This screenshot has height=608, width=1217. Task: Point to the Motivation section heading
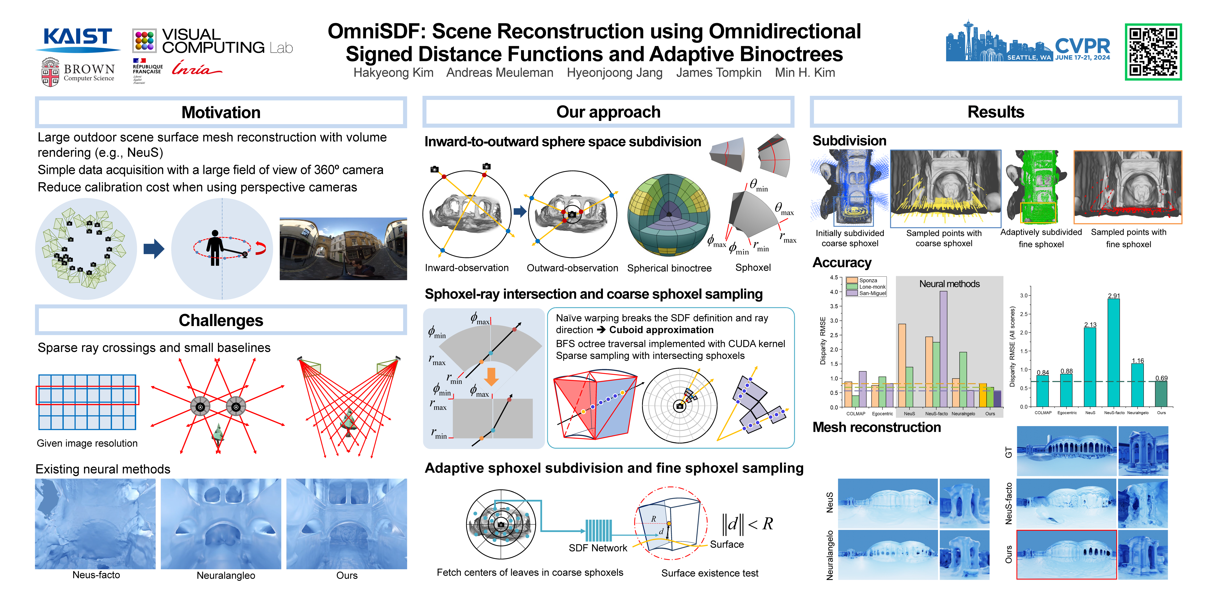[x=221, y=112]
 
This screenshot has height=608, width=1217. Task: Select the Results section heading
[x=995, y=112]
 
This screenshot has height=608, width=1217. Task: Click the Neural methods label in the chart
[x=949, y=284]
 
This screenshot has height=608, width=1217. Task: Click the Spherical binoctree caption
[x=669, y=268]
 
